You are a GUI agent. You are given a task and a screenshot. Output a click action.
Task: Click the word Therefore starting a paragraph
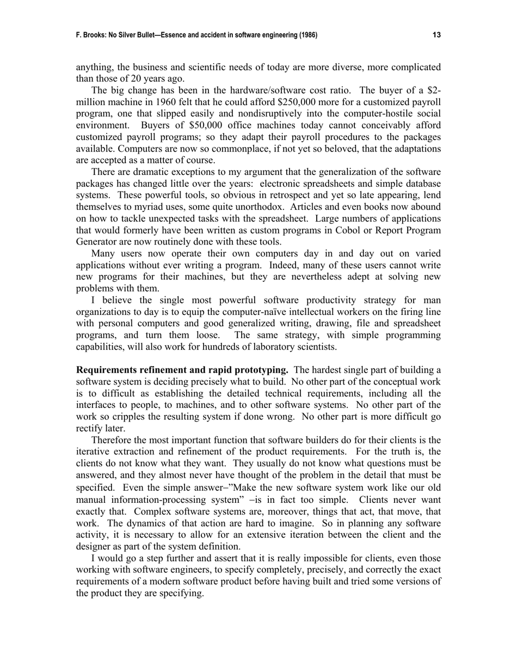click(x=113, y=440)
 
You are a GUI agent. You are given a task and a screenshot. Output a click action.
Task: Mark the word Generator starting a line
click(x=96, y=242)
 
